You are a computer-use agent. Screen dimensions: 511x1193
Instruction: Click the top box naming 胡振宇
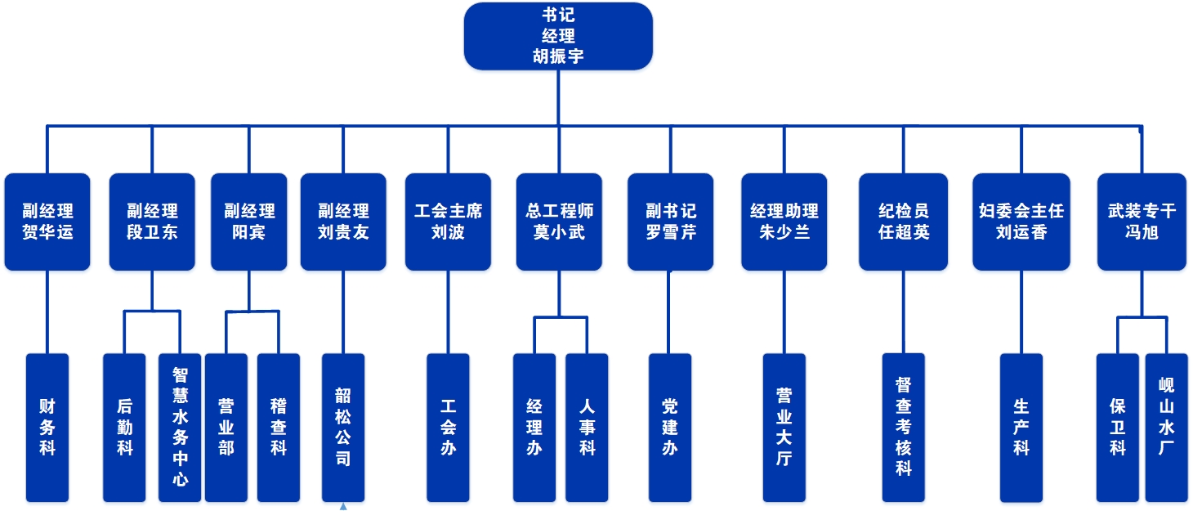tap(558, 37)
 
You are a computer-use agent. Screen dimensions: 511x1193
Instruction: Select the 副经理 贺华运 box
tap(47, 222)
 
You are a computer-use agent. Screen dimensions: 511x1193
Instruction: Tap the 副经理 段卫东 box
tap(152, 222)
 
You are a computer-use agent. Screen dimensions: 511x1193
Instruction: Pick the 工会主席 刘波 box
tap(448, 222)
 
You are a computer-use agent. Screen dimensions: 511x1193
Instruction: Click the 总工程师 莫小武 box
tap(559, 222)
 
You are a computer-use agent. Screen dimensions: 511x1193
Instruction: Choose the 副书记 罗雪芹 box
tap(670, 222)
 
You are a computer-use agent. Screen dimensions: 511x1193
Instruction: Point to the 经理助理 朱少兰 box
tap(784, 222)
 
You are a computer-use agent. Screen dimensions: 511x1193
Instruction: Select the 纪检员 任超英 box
tap(903, 222)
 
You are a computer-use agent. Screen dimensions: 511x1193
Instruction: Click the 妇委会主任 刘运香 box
tap(1021, 222)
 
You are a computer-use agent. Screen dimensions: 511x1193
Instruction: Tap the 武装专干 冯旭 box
tap(1142, 222)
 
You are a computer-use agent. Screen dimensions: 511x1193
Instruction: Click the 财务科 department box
tap(47, 427)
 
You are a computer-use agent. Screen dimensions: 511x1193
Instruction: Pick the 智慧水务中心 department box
tap(180, 427)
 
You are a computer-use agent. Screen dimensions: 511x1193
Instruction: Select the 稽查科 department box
tap(279, 427)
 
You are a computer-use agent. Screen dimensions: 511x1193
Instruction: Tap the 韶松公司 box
tap(343, 427)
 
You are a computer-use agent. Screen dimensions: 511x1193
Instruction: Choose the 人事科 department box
tap(587, 427)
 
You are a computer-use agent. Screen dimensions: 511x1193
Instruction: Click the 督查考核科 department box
tap(903, 427)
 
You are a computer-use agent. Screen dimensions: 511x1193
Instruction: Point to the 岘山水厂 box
tap(1166, 427)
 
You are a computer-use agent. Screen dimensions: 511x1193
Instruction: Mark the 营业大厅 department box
tap(784, 427)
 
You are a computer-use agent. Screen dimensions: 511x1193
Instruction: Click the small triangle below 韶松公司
tap(343, 507)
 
